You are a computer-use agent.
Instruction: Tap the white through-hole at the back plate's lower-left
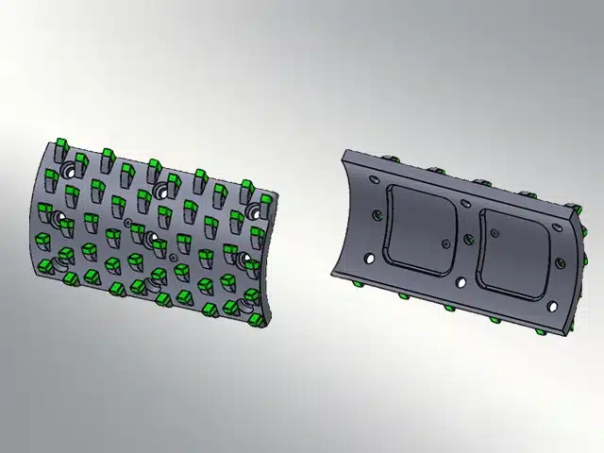pyautogui.click(x=370, y=259)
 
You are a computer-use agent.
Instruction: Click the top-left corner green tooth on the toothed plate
pyautogui.click(x=58, y=143)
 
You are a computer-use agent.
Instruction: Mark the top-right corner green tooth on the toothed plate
pyautogui.click(x=247, y=186)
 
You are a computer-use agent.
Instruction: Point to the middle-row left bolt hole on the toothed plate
pyautogui.click(x=62, y=222)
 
